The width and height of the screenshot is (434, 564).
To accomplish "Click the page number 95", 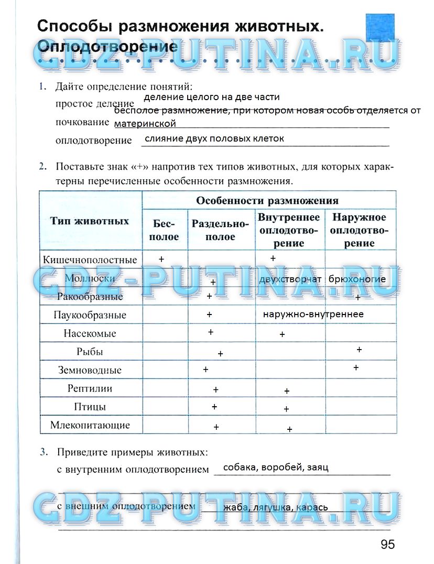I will tap(387, 545).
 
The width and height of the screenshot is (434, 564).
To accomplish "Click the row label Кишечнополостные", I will tap(90, 260).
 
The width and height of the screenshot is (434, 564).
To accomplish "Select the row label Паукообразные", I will tap(90, 315).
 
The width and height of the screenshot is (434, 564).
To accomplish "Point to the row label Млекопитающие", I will tap(90, 425).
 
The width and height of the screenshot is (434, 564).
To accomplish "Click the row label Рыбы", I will tap(90, 352).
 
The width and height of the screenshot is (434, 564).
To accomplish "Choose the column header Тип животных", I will tap(90, 221).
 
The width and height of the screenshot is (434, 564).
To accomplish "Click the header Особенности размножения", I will tap(267, 200).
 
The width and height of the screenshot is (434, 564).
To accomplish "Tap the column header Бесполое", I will tap(165, 230).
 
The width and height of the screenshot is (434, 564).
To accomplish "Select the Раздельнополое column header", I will tap(220, 230).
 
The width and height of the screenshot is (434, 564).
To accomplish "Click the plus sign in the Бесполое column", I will tap(161, 259).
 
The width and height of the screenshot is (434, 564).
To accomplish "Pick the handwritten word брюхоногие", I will tap(357, 279).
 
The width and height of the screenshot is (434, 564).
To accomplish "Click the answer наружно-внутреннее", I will tap(313, 314).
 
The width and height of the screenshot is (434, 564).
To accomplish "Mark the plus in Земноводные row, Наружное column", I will tap(356, 368).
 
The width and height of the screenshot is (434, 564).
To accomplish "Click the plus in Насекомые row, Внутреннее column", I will tap(282, 334).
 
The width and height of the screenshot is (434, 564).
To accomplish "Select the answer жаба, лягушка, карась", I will tap(275, 507).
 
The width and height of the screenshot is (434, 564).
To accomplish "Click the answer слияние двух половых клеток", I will tap(214, 139).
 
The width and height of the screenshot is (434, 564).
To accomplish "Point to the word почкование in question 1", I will tap(81, 122).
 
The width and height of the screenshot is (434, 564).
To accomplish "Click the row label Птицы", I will tap(90, 407).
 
